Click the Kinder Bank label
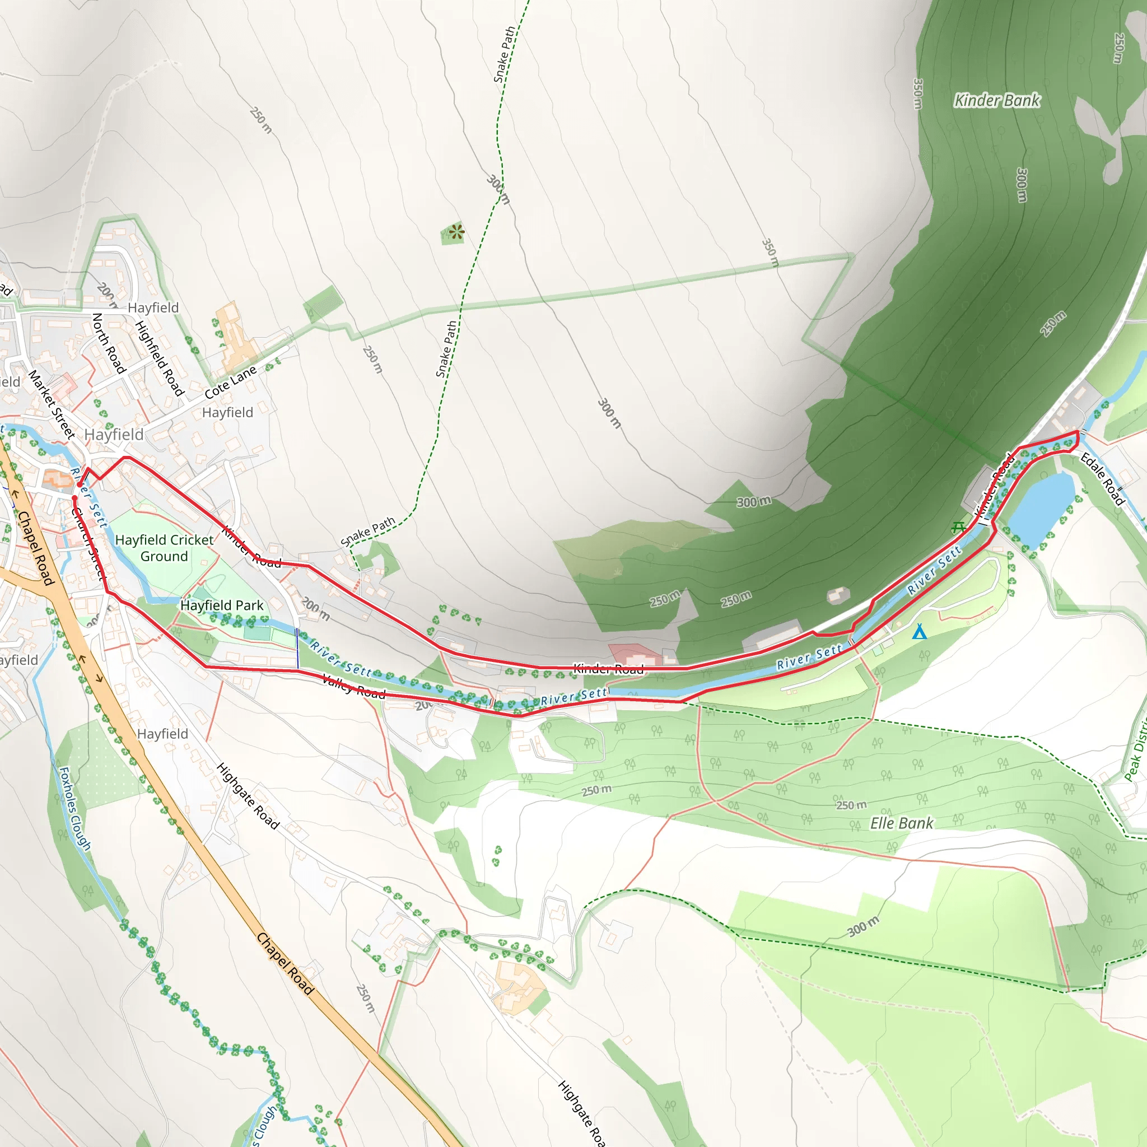(997, 100)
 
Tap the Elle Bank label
(901, 823)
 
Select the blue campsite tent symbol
(919, 632)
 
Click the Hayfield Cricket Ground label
(164, 548)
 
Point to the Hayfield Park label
(221, 605)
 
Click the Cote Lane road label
(230, 383)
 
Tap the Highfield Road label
(160, 358)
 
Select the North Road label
(109, 343)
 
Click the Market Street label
(52, 404)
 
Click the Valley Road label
(353, 686)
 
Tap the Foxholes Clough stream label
(76, 809)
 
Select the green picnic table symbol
(958, 526)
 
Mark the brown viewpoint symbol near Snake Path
(456, 232)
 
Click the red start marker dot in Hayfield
(80, 485)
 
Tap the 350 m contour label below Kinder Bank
(770, 253)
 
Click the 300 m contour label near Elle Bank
(862, 926)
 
